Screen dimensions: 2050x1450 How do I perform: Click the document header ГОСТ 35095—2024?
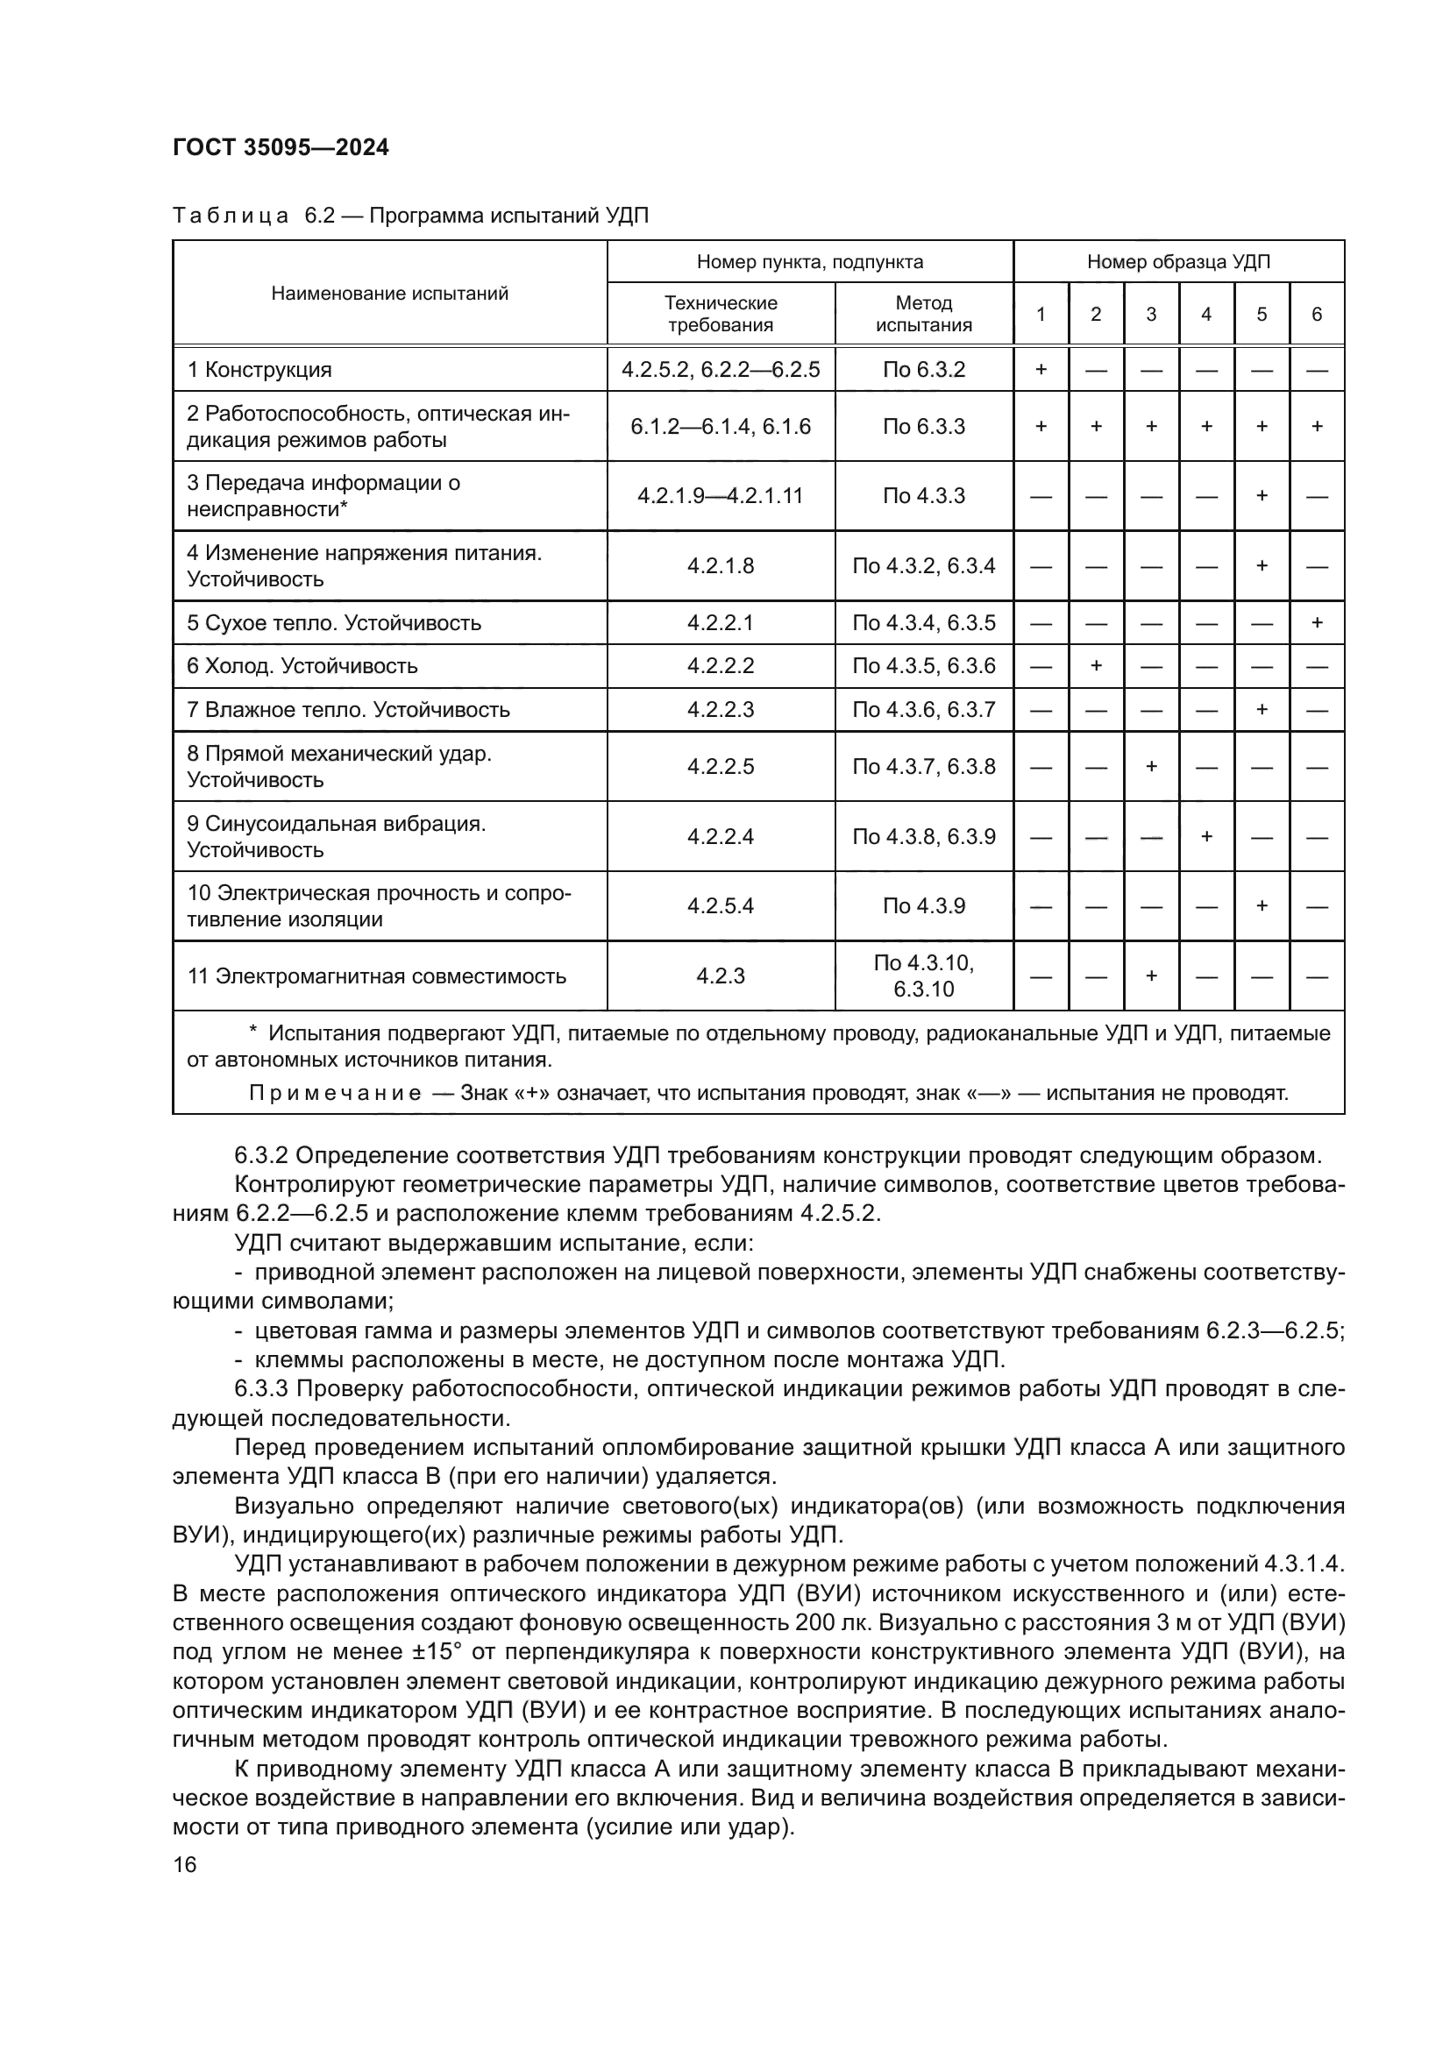pyautogui.click(x=281, y=147)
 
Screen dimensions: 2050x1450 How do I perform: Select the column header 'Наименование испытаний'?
pyautogui.click(x=389, y=293)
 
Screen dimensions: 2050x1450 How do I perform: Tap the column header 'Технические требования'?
pyautogui.click(x=721, y=314)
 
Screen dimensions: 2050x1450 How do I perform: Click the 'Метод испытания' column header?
pyautogui.click(x=923, y=314)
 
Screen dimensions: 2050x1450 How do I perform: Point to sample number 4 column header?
pyautogui.click(x=1206, y=315)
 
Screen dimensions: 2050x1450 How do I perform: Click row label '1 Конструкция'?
pyautogui.click(x=259, y=370)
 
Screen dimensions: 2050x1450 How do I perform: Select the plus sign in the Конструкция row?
pyautogui.click(x=1041, y=370)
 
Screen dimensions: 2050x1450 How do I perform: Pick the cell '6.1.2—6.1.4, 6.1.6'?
pyautogui.click(x=721, y=427)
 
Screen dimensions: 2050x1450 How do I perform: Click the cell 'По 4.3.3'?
pyautogui.click(x=923, y=495)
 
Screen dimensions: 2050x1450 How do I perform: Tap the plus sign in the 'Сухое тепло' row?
pyautogui.click(x=1316, y=622)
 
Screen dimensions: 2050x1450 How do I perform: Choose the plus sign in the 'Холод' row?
pyautogui.click(x=1096, y=666)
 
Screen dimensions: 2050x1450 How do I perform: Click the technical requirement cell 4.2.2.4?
pyautogui.click(x=721, y=837)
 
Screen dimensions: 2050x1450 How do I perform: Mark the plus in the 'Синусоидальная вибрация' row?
pyautogui.click(x=1206, y=837)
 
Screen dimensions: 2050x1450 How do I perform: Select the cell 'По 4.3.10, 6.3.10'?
pyautogui.click(x=923, y=975)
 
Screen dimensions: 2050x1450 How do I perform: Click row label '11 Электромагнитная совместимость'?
pyautogui.click(x=377, y=975)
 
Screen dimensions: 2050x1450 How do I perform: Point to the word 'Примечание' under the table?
pyautogui.click(x=335, y=1094)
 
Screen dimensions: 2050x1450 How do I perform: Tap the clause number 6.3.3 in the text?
pyautogui.click(x=261, y=1389)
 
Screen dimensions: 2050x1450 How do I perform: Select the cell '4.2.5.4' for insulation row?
pyautogui.click(x=721, y=906)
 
